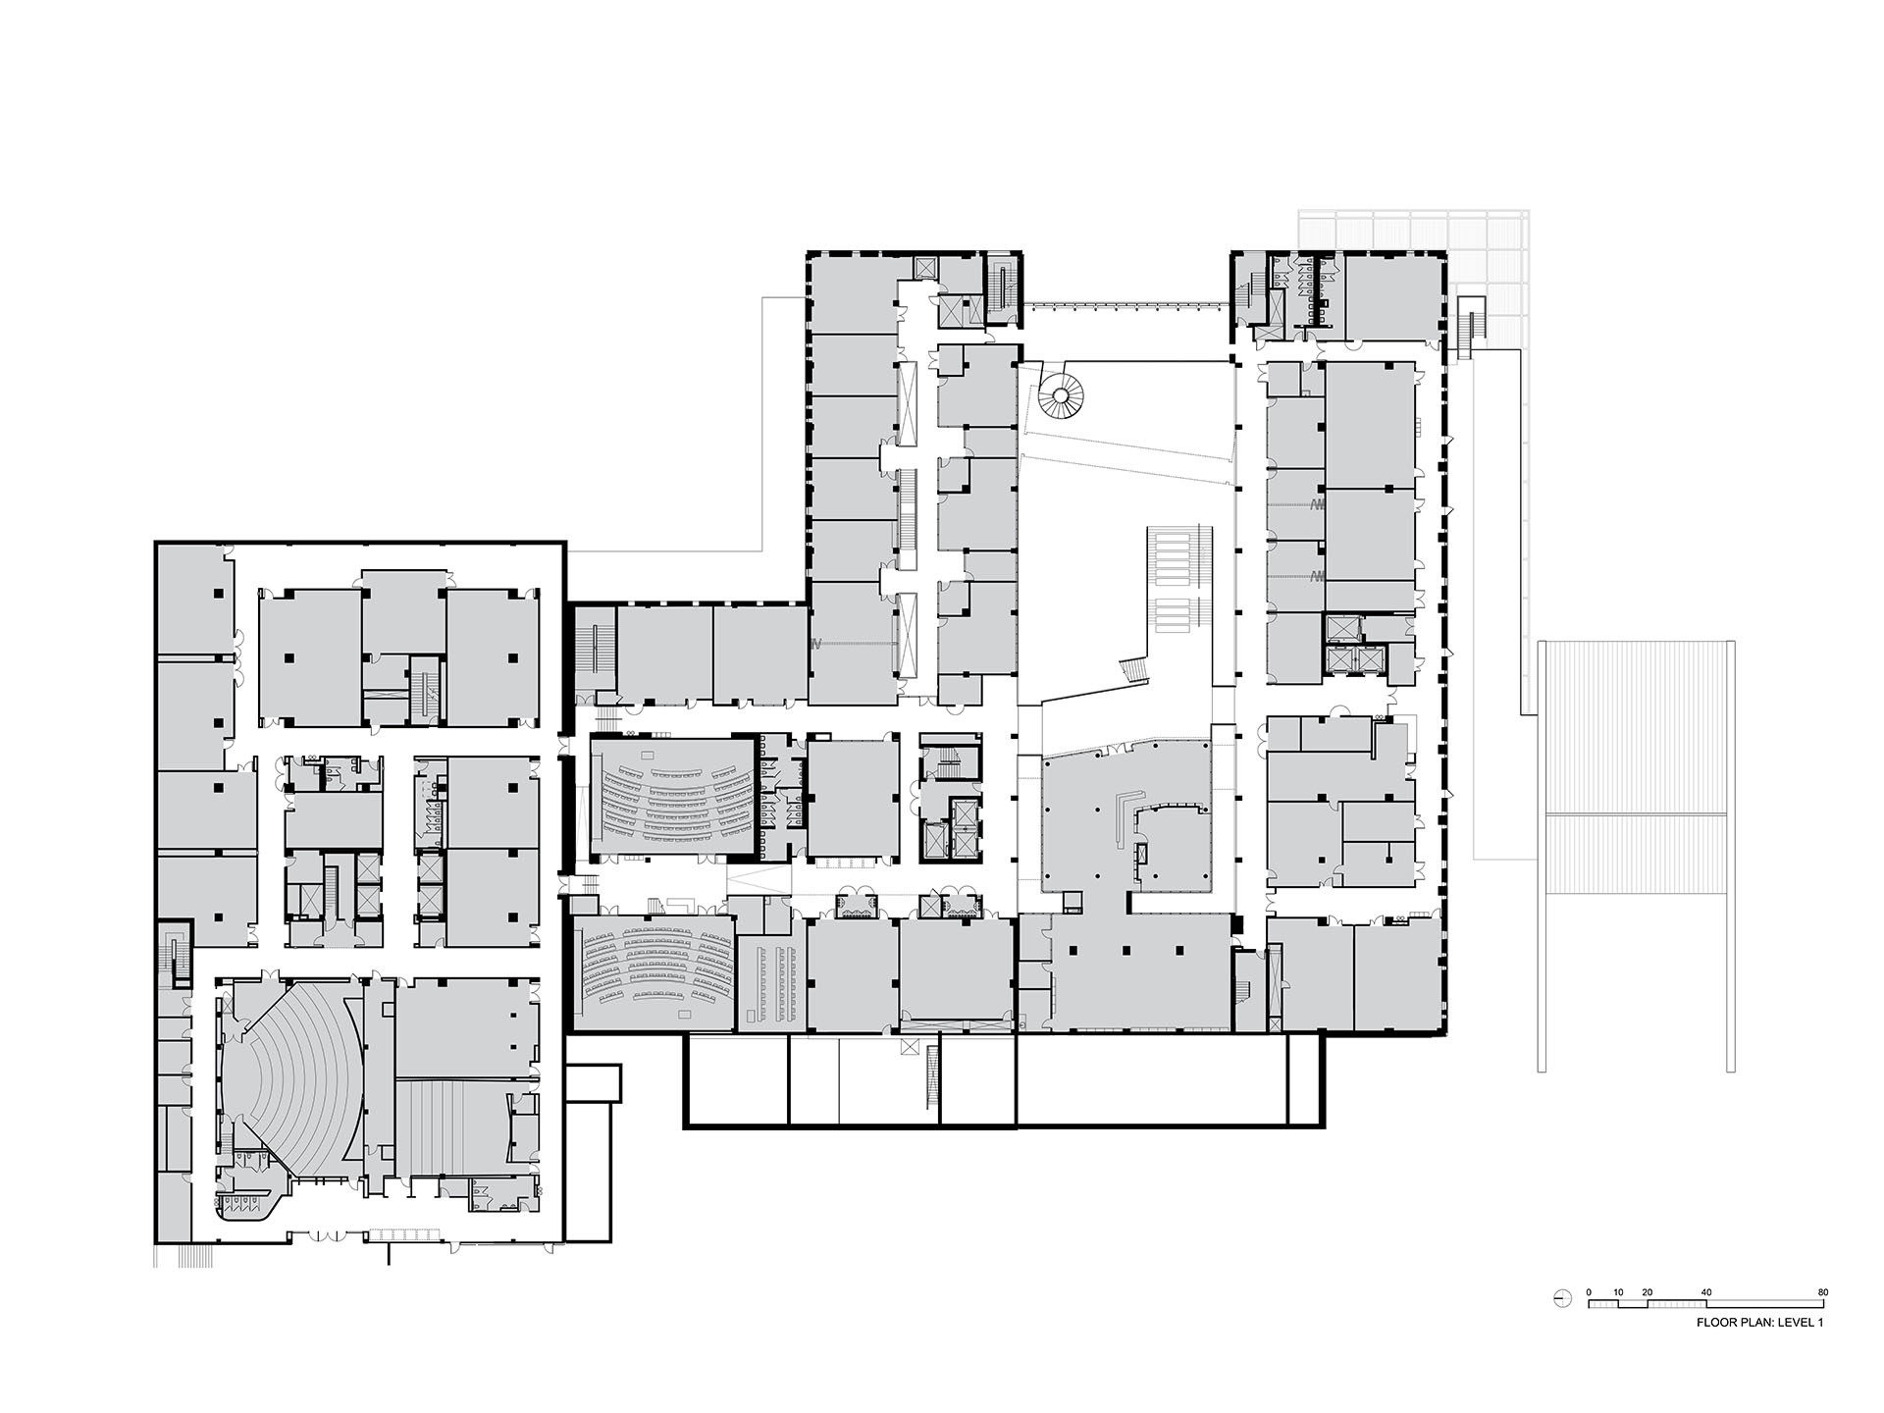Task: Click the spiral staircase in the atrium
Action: click(x=1061, y=398)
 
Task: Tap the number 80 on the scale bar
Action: click(x=1822, y=1292)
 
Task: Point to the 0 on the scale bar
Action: click(x=1589, y=1292)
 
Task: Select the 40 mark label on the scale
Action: click(x=1706, y=1292)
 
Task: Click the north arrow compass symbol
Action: click(x=1562, y=1299)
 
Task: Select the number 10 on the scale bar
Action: click(x=1618, y=1292)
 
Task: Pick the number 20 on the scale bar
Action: click(x=1648, y=1292)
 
